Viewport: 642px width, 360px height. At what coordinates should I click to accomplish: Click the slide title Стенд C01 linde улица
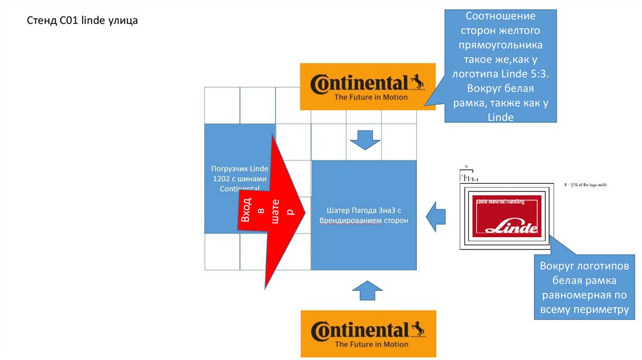click(x=82, y=21)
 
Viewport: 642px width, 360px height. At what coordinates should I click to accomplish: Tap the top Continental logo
click(x=367, y=87)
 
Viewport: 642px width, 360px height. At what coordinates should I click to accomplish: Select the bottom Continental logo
click(x=367, y=333)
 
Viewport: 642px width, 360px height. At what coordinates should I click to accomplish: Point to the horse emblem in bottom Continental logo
click(x=417, y=329)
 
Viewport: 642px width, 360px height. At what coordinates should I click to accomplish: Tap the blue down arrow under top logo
click(x=364, y=139)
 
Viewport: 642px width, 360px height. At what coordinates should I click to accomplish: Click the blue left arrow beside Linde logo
click(x=435, y=216)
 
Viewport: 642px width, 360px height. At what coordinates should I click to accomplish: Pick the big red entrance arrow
click(x=270, y=213)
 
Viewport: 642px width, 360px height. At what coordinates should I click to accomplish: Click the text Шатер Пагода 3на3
click(x=364, y=210)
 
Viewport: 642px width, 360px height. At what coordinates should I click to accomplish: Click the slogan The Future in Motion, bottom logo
click(x=371, y=344)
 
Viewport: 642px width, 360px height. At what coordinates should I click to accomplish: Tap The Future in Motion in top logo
click(x=371, y=97)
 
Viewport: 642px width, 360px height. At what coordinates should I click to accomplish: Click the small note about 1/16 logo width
click(x=586, y=185)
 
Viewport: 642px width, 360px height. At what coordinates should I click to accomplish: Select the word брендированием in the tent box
click(x=348, y=221)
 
